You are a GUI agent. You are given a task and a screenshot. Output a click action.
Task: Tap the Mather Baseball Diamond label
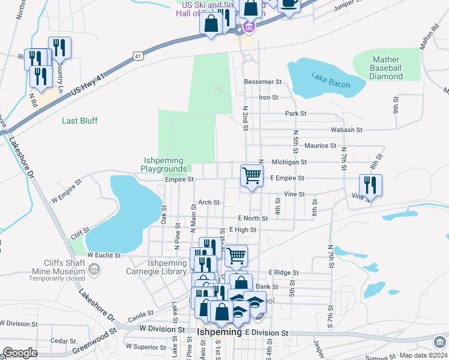pyautogui.click(x=386, y=68)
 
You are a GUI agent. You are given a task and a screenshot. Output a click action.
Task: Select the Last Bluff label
pyautogui.click(x=80, y=121)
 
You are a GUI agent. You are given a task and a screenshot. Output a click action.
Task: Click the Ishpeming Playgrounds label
pyautogui.click(x=165, y=164)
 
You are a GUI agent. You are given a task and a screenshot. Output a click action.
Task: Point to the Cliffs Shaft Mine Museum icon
pyautogui.click(x=94, y=271)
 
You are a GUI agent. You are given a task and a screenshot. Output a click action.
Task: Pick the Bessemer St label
pyautogui.click(x=262, y=82)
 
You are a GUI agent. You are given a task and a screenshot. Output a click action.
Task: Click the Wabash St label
pyautogui.click(x=346, y=130)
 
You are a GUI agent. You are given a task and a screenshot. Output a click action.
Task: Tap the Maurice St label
pyautogui.click(x=320, y=146)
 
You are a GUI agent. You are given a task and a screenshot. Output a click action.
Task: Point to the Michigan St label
pyautogui.click(x=289, y=162)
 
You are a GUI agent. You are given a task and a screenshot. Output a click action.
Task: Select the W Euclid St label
pyautogui.click(x=104, y=255)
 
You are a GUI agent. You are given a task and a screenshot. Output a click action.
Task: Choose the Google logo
pyautogui.click(x=20, y=353)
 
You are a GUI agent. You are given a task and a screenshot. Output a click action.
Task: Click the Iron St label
pyautogui.click(x=268, y=97)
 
